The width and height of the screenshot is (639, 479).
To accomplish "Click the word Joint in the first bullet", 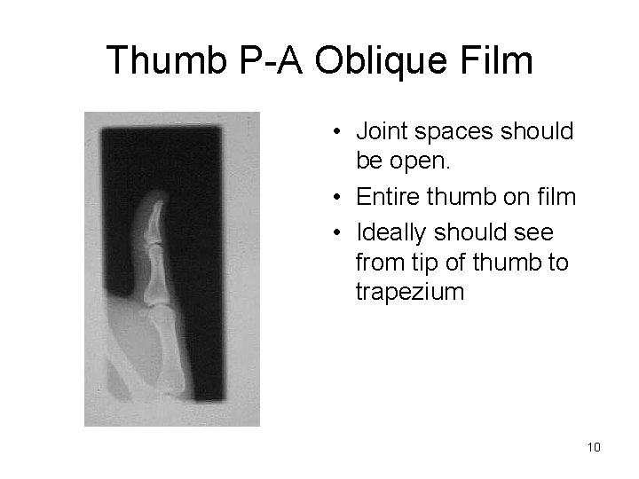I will (x=379, y=132).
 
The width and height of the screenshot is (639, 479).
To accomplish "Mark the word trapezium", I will (x=409, y=292).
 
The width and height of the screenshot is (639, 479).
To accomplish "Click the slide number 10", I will (x=594, y=447).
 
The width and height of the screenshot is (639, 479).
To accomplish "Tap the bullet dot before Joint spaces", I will (x=339, y=133).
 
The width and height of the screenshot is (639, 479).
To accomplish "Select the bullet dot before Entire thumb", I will (x=339, y=197).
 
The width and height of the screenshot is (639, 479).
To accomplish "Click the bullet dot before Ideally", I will (x=339, y=233).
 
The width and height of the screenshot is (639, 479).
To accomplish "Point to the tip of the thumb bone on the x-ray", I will (x=157, y=207).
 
